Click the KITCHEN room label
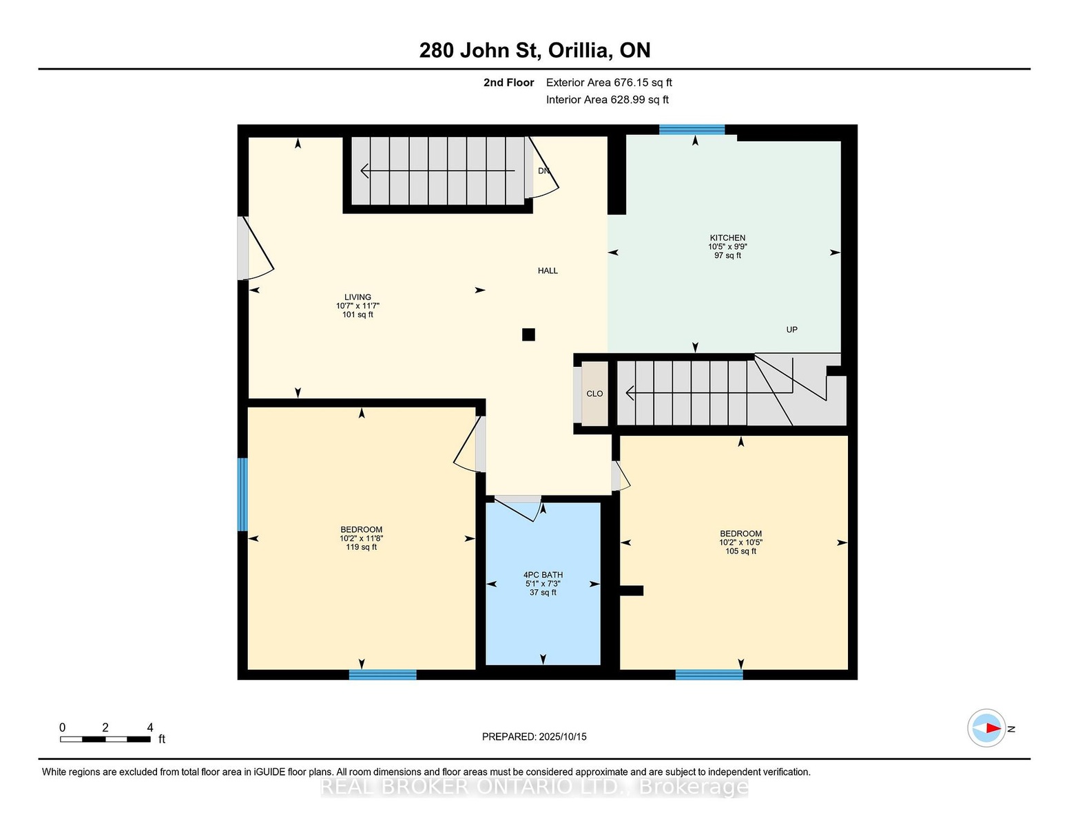click(727, 238)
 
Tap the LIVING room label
click(357, 297)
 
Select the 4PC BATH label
click(543, 575)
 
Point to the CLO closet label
click(594, 394)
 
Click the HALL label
click(548, 271)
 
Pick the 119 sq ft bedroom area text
click(361, 547)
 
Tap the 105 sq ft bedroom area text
click(740, 551)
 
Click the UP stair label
click(791, 330)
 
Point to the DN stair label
click(543, 171)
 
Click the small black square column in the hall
click(528, 335)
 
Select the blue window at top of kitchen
click(692, 129)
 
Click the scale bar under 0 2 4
click(105, 739)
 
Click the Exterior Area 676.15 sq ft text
click(609, 83)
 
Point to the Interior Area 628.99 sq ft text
click(607, 100)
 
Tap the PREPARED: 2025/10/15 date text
click(534, 737)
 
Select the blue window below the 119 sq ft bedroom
click(383, 675)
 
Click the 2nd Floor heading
click(509, 83)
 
